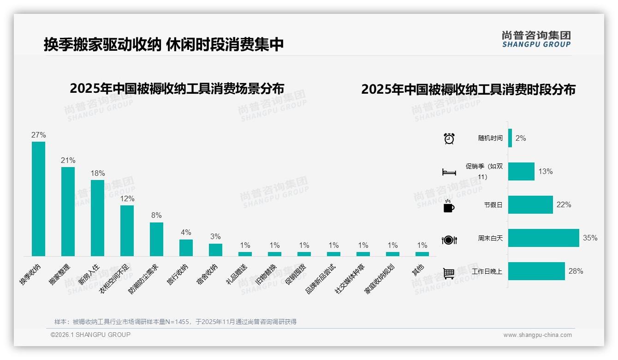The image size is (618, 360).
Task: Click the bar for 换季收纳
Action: (x=38, y=198)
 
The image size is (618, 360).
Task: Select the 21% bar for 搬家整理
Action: (x=68, y=211)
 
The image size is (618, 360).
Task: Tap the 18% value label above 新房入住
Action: (x=97, y=174)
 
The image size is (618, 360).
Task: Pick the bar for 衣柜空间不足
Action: (x=127, y=230)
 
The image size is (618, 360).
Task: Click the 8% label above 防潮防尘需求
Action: (x=156, y=216)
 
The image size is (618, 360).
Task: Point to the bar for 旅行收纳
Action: (x=186, y=247)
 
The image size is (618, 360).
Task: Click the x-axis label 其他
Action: (x=418, y=270)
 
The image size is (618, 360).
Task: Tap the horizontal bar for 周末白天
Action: (x=543, y=238)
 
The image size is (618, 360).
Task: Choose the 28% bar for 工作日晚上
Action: (x=536, y=271)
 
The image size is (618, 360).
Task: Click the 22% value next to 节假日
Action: (x=564, y=205)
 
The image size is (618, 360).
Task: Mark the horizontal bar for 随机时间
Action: (x=510, y=138)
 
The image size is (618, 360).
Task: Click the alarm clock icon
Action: (x=449, y=138)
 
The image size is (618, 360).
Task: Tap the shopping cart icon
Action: (x=449, y=273)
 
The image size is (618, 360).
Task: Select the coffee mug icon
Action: (x=449, y=206)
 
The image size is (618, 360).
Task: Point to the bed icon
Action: (x=449, y=172)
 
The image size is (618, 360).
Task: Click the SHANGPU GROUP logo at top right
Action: (x=536, y=39)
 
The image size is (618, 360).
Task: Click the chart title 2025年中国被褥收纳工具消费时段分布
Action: (x=468, y=90)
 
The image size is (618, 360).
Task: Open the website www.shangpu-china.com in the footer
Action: (x=537, y=335)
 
